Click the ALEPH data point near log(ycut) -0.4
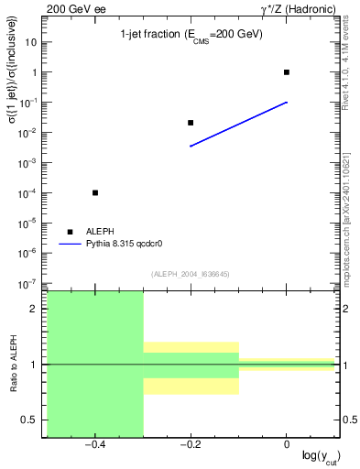click(95, 192)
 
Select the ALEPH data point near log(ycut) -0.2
click(191, 123)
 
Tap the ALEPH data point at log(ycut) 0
click(287, 72)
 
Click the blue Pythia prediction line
click(238, 125)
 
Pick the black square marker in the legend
click(69, 232)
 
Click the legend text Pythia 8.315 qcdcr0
click(125, 245)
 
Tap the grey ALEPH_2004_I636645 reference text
click(191, 273)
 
